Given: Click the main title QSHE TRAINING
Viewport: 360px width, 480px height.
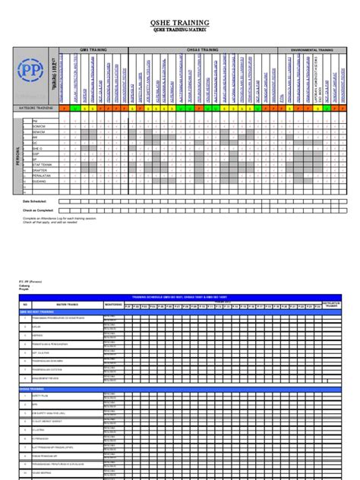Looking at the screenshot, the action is [179, 23].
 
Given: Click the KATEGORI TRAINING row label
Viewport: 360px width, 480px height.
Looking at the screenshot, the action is [36, 109].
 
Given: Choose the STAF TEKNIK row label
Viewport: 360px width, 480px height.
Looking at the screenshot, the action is [41, 163].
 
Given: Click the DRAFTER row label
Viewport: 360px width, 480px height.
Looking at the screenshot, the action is [39, 169].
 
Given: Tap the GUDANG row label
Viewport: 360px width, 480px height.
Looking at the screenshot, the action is [39, 182].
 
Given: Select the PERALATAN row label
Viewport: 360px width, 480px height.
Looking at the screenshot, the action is [41, 176].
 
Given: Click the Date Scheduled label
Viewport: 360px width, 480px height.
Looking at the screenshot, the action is [36, 201].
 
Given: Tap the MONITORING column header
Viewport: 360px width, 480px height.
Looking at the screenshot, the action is [112, 303].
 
